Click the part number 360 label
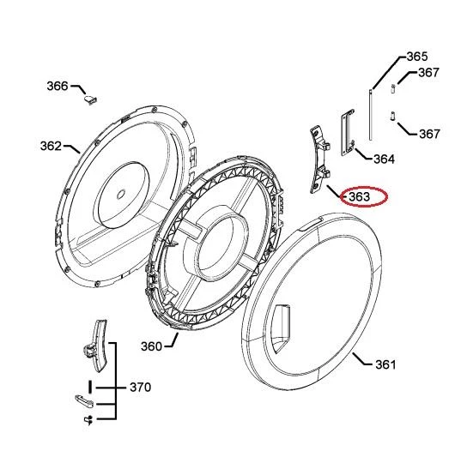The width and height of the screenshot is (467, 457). coord(151,346)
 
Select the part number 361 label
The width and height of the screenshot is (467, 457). coord(385,364)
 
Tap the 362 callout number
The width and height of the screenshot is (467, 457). coord(51,146)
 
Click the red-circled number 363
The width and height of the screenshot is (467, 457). coord(359,196)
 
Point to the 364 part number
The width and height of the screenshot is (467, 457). coord(385,159)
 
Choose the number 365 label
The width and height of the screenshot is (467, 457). coord(417,57)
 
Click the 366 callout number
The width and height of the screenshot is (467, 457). coord(58,86)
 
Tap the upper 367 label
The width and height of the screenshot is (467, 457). coord(428,73)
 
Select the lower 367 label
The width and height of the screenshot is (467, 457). coord(429,134)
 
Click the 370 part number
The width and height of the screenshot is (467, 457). coord(140,387)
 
